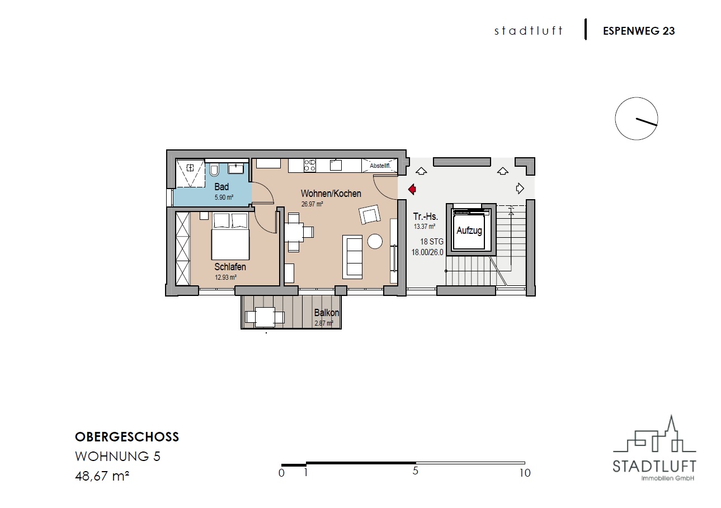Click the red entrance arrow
(x=412, y=189)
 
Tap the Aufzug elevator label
(x=469, y=231)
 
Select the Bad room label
(x=222, y=187)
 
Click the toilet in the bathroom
(x=214, y=170)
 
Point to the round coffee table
(x=375, y=241)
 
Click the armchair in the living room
(x=370, y=214)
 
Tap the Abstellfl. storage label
(x=380, y=166)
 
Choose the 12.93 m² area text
(x=225, y=277)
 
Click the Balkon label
(x=327, y=313)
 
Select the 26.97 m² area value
(x=312, y=204)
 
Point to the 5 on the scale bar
(x=415, y=471)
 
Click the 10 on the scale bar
(x=525, y=473)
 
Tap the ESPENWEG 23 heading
(x=639, y=31)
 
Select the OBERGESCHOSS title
(x=127, y=437)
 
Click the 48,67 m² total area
(x=102, y=476)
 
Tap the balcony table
(x=265, y=317)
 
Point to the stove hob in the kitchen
(x=310, y=166)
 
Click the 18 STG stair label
(x=432, y=242)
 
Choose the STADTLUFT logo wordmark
(x=654, y=467)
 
